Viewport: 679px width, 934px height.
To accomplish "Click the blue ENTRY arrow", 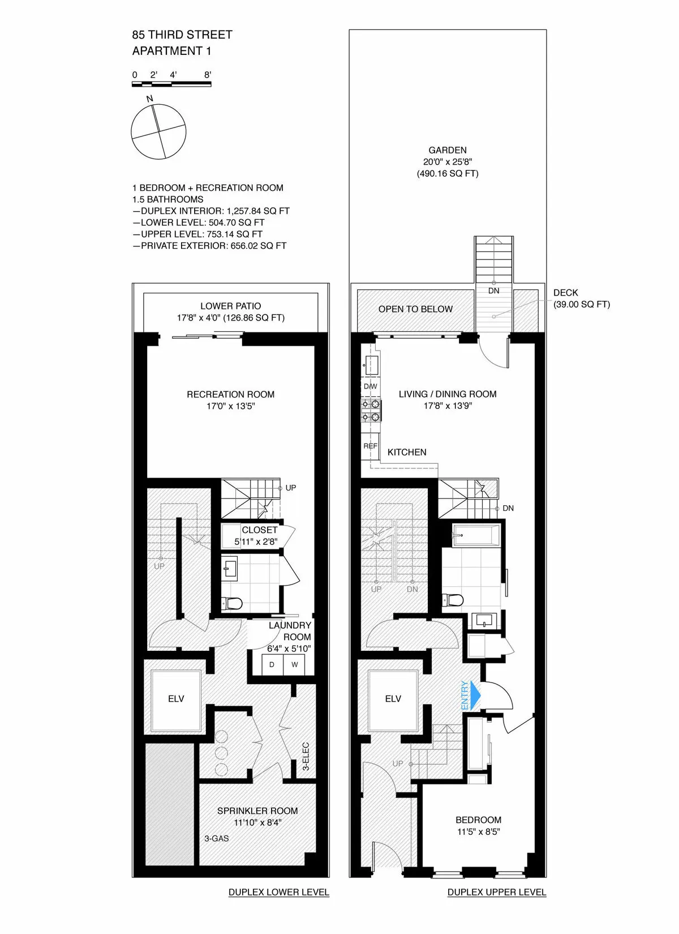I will (475, 695).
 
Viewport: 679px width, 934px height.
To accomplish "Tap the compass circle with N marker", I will (158, 132).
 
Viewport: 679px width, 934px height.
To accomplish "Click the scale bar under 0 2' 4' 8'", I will (171, 84).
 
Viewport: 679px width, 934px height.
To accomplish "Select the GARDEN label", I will (448, 150).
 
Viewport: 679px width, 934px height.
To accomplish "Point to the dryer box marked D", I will (272, 664).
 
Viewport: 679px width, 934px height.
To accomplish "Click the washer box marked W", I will (294, 664).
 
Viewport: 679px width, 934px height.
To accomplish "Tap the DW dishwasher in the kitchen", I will (371, 386).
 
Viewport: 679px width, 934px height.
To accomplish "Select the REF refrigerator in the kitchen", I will (371, 446).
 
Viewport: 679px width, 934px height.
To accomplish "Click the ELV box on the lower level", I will (176, 699).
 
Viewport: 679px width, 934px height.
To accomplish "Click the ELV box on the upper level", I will (393, 699).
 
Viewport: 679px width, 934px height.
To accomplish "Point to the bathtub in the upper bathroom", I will (476, 535).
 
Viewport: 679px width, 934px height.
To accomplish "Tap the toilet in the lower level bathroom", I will (232, 603).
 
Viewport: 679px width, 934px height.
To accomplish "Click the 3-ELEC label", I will (306, 756).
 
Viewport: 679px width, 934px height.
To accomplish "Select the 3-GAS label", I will (217, 838).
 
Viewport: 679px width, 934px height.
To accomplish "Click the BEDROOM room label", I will (478, 820).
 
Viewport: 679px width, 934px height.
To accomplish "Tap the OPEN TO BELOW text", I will (415, 309).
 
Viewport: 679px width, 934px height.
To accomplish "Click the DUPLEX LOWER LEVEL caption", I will (278, 892).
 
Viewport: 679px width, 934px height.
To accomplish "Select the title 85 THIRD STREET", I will (182, 35).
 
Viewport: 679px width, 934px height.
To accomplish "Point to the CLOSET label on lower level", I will (259, 530).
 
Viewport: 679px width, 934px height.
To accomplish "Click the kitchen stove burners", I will (372, 411).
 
